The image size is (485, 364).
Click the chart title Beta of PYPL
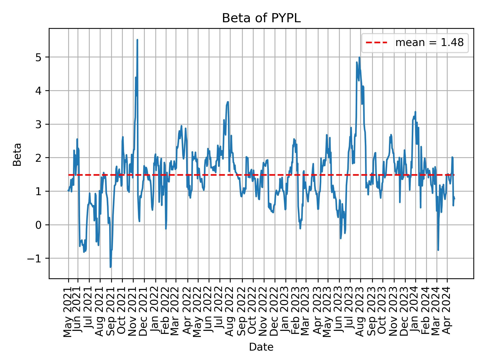click(x=261, y=18)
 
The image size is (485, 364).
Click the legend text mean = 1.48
click(x=429, y=43)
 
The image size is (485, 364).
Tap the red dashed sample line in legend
click(x=376, y=43)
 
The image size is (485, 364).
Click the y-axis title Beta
click(x=17, y=154)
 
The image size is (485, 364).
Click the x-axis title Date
click(x=261, y=347)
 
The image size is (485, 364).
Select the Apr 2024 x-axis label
click(x=447, y=312)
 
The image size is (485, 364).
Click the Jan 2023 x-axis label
click(x=286, y=312)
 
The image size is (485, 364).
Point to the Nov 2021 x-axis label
click(x=133, y=312)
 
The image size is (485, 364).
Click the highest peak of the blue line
click(x=137, y=40)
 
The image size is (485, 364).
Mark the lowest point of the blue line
click(x=110, y=267)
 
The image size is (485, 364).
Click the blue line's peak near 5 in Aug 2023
click(x=359, y=57)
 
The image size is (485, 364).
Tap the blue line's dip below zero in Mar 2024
click(x=438, y=250)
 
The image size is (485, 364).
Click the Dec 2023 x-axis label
click(x=405, y=312)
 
